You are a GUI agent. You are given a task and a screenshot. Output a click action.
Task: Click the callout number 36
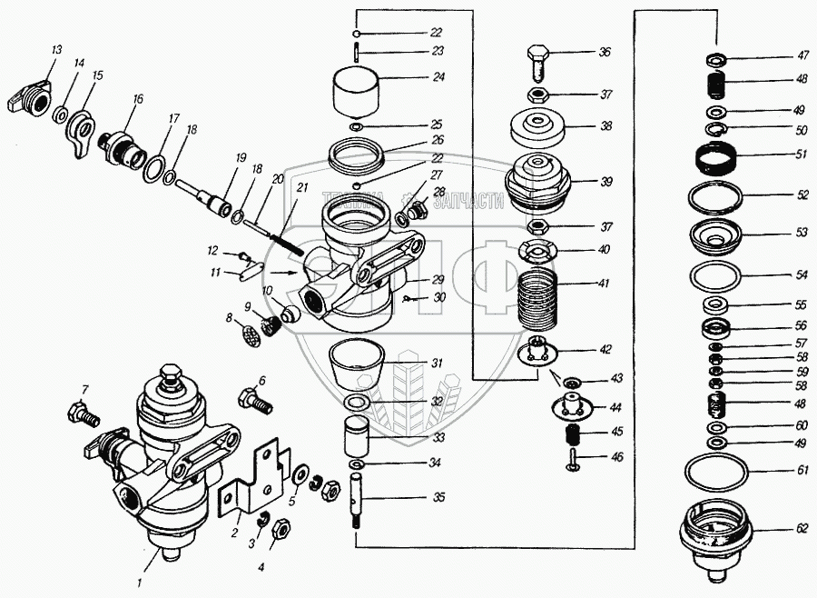pyautogui.click(x=605, y=53)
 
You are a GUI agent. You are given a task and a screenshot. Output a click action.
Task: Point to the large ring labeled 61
pyautogui.click(x=715, y=472)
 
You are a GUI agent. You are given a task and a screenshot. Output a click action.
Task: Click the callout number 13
pyautogui.click(x=56, y=49)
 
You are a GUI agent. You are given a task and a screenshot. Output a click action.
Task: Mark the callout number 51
pyautogui.click(x=801, y=154)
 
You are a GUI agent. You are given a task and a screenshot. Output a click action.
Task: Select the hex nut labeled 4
pyautogui.click(x=281, y=527)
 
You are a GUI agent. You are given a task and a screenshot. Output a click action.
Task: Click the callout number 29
pyautogui.click(x=438, y=279)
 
